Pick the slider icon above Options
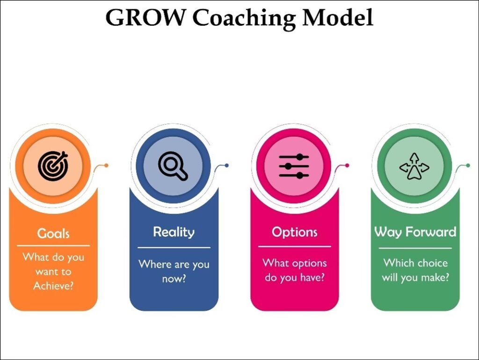pos(294,166)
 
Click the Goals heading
pos(53,233)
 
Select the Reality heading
pos(174,232)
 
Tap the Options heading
pos(294,232)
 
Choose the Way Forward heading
pos(415,232)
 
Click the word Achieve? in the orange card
pos(53,286)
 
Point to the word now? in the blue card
pos(174,279)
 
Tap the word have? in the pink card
pos(310,278)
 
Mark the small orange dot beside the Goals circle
pos(107,165)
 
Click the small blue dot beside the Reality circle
pos(227,165)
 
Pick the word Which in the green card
pos(397,263)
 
